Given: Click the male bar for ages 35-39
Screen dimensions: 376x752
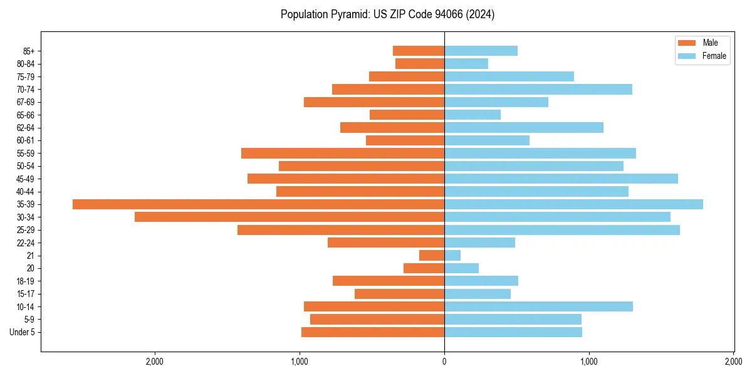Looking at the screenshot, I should tap(258, 204).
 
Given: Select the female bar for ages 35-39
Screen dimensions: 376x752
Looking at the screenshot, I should tap(573, 204).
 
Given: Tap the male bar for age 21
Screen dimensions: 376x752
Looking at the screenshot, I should tap(432, 256).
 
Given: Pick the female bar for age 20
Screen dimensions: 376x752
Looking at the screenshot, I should tap(461, 268).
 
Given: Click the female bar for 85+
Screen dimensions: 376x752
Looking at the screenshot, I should tap(481, 51).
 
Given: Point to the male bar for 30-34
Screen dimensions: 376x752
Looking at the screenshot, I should tap(290, 217).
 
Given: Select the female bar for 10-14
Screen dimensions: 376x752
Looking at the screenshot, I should tap(538, 306).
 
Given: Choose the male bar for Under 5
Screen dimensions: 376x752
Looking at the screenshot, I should tap(373, 332).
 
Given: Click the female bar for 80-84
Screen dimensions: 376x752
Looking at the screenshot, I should tap(466, 63).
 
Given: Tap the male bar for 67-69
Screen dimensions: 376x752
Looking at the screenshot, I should tap(374, 102).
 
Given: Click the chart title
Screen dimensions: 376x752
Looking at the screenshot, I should tap(387, 14).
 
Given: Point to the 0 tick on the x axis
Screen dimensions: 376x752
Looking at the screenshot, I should tap(444, 361).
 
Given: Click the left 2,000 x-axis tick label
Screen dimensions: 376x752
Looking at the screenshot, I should tap(154, 361).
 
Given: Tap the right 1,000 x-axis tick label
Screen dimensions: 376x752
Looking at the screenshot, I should tap(589, 361).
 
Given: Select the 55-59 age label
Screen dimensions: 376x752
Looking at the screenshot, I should tap(26, 154).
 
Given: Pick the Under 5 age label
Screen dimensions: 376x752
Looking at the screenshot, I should tap(22, 332).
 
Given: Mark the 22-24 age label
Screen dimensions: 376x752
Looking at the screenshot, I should tap(26, 243).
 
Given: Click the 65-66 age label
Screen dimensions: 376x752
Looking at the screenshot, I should tap(26, 115).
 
